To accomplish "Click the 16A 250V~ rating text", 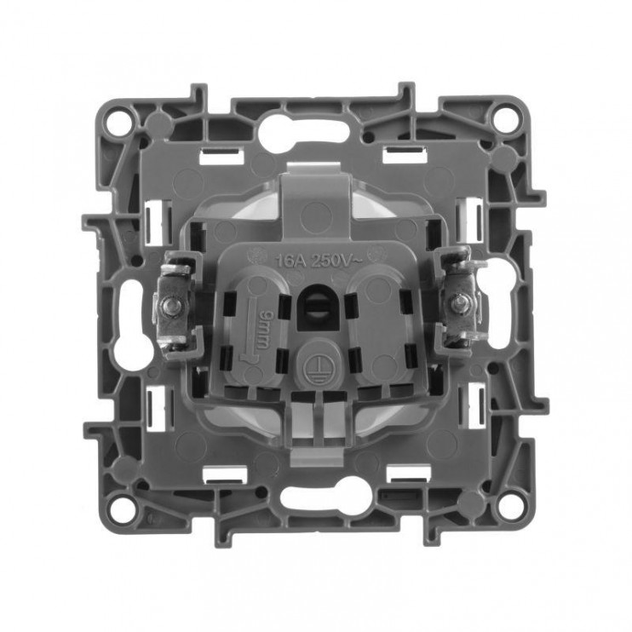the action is (319, 261).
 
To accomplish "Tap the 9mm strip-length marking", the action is (264, 327).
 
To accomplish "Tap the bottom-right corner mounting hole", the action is (509, 506).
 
